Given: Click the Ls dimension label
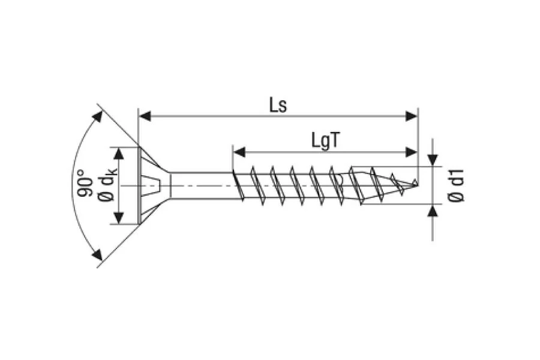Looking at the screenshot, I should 278,104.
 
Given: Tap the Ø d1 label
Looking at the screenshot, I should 457,185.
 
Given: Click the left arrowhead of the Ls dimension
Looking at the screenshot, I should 145,116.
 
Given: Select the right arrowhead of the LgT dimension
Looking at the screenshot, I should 412,152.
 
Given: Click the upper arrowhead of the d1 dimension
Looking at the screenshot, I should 432,160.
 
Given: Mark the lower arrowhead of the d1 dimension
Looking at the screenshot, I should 432,211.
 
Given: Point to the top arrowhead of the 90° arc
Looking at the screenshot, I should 96,116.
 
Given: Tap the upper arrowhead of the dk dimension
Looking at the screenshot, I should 119,152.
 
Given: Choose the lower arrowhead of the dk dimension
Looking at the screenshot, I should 119,218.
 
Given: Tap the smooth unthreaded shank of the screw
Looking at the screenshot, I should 201,184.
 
